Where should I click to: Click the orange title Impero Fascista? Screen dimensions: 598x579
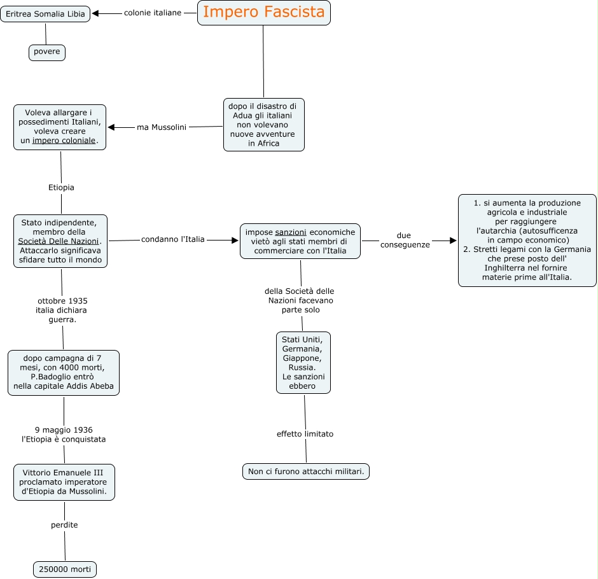tap(263, 12)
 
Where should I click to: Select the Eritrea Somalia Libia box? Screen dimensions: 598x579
tap(45, 14)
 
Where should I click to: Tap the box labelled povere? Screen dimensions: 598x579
tap(47, 52)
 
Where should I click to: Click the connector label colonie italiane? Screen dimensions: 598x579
tap(153, 13)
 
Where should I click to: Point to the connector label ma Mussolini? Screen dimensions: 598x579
tap(162, 127)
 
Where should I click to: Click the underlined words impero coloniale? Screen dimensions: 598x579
tap(64, 141)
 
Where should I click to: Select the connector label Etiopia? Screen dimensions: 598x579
tap(61, 187)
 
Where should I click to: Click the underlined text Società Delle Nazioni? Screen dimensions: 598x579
tap(59, 241)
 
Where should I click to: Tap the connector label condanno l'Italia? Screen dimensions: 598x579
tap(173, 239)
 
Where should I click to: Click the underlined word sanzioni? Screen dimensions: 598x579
tap(291, 232)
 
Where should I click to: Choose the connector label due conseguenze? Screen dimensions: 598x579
tap(405, 240)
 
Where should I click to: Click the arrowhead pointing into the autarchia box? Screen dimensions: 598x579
tap(453, 241)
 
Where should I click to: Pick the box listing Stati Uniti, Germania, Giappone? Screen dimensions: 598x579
tap(303, 362)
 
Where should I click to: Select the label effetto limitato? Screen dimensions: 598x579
tap(305, 434)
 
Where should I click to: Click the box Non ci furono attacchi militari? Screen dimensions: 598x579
tap(306, 471)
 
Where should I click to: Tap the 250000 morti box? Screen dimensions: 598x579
tap(65, 569)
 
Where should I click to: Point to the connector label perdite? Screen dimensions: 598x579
tap(64, 525)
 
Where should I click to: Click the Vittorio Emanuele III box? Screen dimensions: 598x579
tap(64, 482)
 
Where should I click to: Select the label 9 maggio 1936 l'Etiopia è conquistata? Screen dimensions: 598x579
tap(64, 435)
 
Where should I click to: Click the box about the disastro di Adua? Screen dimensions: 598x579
tap(263, 125)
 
